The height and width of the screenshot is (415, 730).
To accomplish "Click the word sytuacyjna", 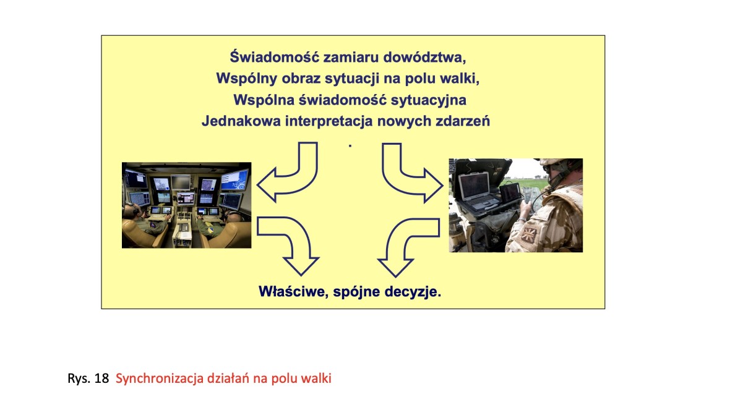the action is [x=428, y=100].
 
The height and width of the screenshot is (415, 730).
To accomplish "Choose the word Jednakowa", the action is [x=241, y=121].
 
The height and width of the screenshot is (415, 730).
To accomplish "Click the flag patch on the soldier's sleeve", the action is [x=528, y=234].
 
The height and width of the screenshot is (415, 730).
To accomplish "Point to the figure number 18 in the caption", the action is [x=101, y=379].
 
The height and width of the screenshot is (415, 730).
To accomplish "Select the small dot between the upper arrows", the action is [x=350, y=146].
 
